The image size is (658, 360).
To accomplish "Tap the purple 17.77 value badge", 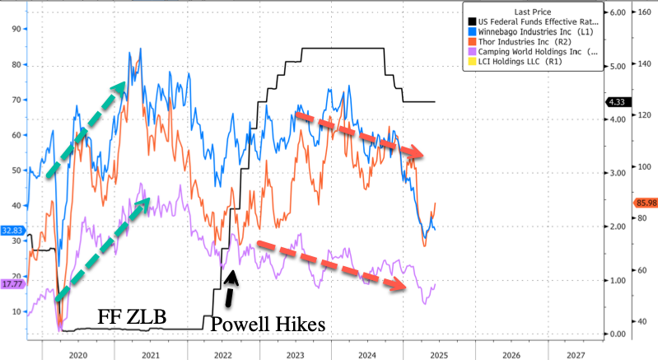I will click(12, 284).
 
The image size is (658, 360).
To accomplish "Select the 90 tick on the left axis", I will click(16, 28).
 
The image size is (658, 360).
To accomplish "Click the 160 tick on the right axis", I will click(644, 13).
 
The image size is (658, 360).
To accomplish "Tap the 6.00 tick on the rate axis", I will click(616, 13).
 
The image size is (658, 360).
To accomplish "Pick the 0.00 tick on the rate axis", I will click(616, 334).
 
